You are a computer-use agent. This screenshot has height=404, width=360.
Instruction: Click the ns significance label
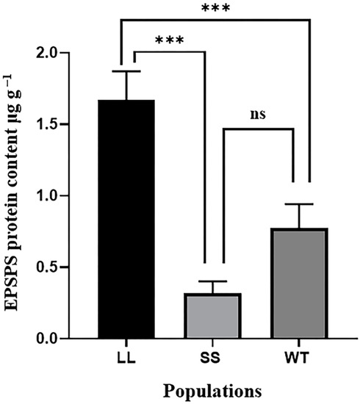click(256, 115)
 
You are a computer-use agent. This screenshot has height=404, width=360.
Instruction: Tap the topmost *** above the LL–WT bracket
click(218, 8)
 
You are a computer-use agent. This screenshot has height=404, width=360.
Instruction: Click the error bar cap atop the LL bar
click(126, 71)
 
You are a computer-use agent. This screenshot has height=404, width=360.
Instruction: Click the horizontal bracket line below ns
click(257, 129)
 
